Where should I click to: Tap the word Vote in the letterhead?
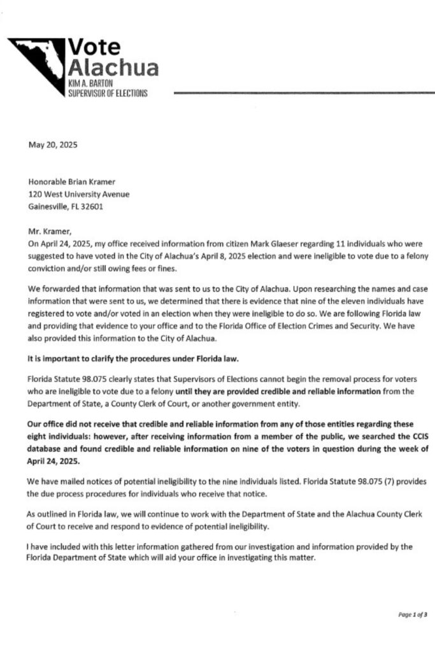(x=94, y=46)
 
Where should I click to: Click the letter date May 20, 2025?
(x=53, y=145)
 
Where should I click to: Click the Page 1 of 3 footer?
(x=412, y=614)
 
